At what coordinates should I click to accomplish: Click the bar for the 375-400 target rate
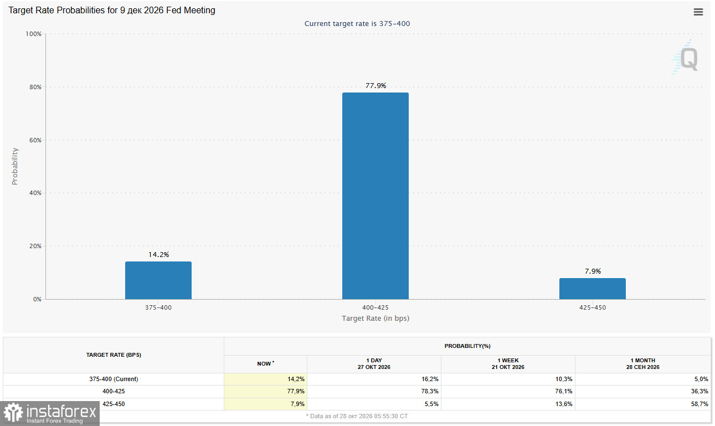(158, 280)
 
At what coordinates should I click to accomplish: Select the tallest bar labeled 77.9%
(375, 196)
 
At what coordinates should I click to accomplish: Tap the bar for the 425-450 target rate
(593, 289)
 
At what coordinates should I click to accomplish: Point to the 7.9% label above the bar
(593, 271)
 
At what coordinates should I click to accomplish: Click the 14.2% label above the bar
(158, 254)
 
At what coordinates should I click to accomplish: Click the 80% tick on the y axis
(35, 87)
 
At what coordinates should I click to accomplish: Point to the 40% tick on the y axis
(35, 193)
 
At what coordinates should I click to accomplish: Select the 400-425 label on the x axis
(375, 307)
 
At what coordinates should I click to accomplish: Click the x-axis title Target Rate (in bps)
(375, 319)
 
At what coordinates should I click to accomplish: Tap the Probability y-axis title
(15, 166)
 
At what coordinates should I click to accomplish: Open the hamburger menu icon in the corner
(698, 12)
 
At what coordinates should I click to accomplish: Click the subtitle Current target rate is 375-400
(357, 24)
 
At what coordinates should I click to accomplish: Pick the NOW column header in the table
(266, 364)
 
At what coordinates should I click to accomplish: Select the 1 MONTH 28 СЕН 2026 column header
(643, 364)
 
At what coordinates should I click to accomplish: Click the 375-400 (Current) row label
(114, 379)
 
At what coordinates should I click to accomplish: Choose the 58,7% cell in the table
(699, 404)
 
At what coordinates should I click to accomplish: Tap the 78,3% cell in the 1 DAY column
(430, 391)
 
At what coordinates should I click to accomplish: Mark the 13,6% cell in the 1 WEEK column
(564, 404)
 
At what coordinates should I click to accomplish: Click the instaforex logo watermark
(50, 413)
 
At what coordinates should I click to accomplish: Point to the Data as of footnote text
(357, 416)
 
